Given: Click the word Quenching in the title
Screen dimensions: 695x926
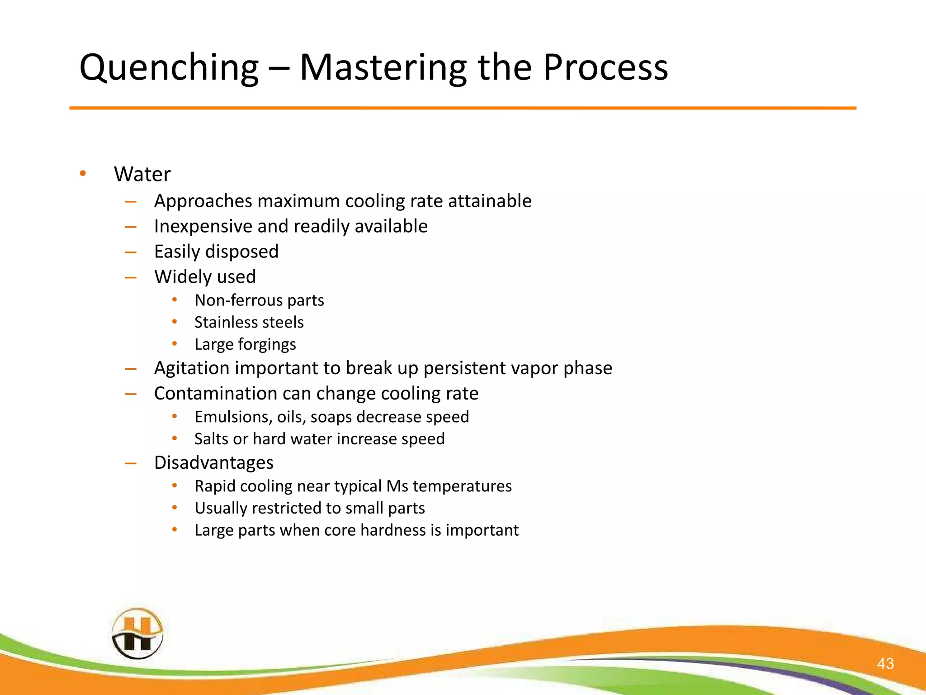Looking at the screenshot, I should coord(169,68).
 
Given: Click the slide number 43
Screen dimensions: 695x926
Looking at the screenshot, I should coord(885,663).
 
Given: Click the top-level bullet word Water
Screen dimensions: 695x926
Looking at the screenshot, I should coord(142,174).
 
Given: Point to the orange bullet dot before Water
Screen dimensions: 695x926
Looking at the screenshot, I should coord(82,173).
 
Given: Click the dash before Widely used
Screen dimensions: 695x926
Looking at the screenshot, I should coord(131,277).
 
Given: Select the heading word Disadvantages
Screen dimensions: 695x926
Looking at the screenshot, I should coord(213,463).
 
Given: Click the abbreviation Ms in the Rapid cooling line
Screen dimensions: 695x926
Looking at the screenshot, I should coord(397,486).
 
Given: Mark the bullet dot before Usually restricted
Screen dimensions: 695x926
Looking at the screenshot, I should coord(175,508).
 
